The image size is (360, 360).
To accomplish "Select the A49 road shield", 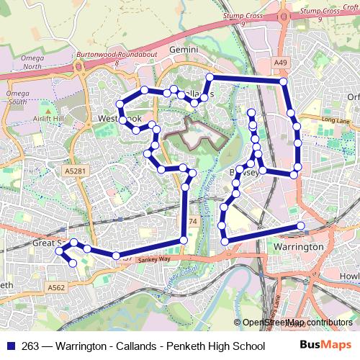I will (281, 63).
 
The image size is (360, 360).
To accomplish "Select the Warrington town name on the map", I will (299, 247).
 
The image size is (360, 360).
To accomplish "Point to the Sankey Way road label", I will (154, 258).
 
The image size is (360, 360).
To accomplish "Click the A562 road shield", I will (56, 287).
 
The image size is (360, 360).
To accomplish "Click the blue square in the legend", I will (11, 346).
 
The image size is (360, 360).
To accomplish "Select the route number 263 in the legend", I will (31, 346).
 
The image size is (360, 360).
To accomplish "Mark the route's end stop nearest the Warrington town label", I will (300, 226).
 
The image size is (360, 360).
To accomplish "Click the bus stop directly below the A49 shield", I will (284, 82).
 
